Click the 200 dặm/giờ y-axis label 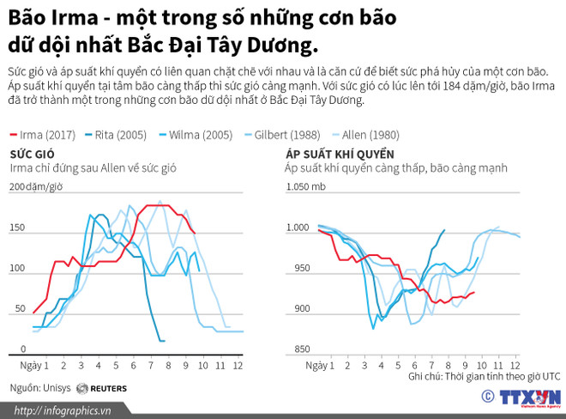pos(35,186)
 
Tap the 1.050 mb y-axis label pos(305,186)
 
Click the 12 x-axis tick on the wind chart pos(238,366)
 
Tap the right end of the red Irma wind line pos(195,233)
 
